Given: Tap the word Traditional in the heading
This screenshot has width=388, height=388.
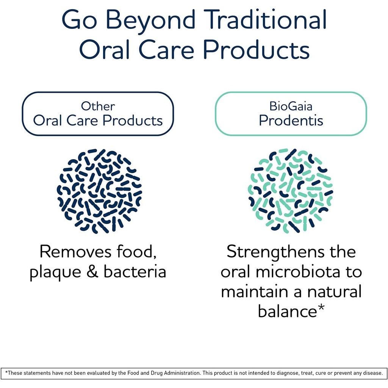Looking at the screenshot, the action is pyautogui.click(x=266, y=19).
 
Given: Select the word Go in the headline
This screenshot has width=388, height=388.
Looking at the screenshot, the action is pyautogui.click(x=79, y=19).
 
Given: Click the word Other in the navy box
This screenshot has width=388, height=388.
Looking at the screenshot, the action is pyautogui.click(x=98, y=106).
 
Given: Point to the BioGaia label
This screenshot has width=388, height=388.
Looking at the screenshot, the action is pyautogui.click(x=291, y=106).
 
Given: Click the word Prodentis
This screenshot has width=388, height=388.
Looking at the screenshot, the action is pyautogui.click(x=291, y=121).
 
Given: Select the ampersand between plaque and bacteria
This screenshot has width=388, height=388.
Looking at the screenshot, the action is pyautogui.click(x=92, y=271).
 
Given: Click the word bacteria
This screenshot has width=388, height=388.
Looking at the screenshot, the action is pyautogui.click(x=135, y=271).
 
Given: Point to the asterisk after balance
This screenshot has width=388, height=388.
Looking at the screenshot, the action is pyautogui.click(x=321, y=308).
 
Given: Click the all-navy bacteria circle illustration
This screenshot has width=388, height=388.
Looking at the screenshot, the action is pyautogui.click(x=99, y=191).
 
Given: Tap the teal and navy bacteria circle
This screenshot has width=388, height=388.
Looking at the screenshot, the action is pyautogui.click(x=291, y=191).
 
